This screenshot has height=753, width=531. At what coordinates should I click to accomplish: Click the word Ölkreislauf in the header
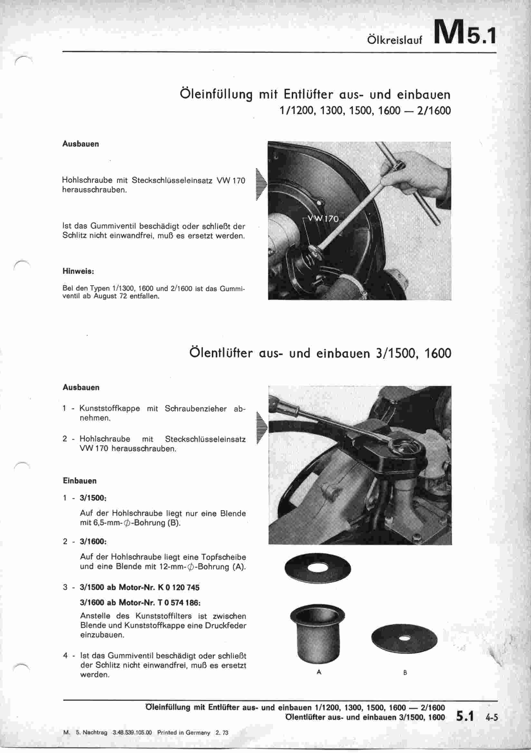tap(395, 40)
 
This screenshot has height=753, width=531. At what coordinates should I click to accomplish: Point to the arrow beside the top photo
tap(262, 184)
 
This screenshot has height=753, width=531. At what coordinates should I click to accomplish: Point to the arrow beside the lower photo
tap(262, 428)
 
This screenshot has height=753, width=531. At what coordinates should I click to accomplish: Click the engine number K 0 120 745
tap(178, 587)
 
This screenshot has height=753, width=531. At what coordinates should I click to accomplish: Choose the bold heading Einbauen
tap(80, 481)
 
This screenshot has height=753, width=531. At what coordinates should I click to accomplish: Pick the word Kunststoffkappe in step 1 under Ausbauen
tap(109, 409)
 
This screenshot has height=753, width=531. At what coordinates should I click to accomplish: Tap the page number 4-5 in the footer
tap(491, 717)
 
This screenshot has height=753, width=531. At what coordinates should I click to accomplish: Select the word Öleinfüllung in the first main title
tap(216, 95)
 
